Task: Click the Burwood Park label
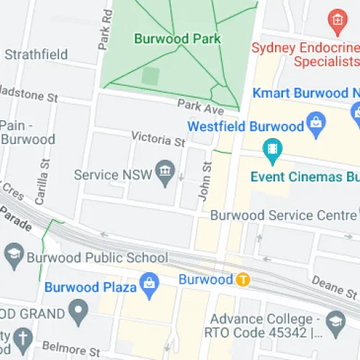tap(176, 38)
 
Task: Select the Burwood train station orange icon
tap(243, 279)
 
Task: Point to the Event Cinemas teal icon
tap(272, 151)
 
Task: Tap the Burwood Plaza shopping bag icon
tap(148, 283)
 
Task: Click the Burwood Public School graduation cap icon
tap(12, 253)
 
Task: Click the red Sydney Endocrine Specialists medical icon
tap(335, 23)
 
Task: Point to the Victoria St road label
tap(158, 138)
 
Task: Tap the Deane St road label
tap(335, 287)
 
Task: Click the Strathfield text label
tap(36, 54)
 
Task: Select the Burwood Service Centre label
tap(282, 215)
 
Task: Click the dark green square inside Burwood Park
tap(150, 76)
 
